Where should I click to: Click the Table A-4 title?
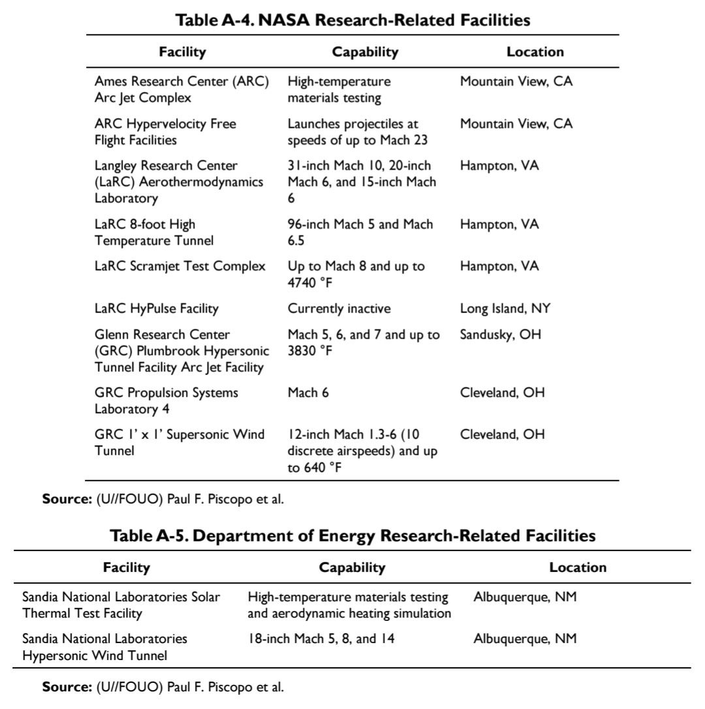[x=353, y=20]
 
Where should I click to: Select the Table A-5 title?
[x=352, y=536]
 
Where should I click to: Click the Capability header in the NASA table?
[x=365, y=52]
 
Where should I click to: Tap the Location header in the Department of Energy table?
[x=578, y=567]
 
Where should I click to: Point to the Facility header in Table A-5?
[x=126, y=567]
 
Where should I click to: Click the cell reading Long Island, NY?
[x=505, y=309]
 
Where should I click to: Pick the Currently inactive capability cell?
[x=339, y=309]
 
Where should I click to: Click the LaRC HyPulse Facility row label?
[x=156, y=309]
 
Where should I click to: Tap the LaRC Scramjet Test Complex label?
[x=180, y=266]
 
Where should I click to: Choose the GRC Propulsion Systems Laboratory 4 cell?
[x=166, y=400]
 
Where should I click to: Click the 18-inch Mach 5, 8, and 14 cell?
[x=321, y=639]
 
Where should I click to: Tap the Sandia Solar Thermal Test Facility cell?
[x=121, y=605]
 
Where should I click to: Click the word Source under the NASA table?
[x=66, y=500]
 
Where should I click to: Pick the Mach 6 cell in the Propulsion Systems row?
[x=308, y=393]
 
